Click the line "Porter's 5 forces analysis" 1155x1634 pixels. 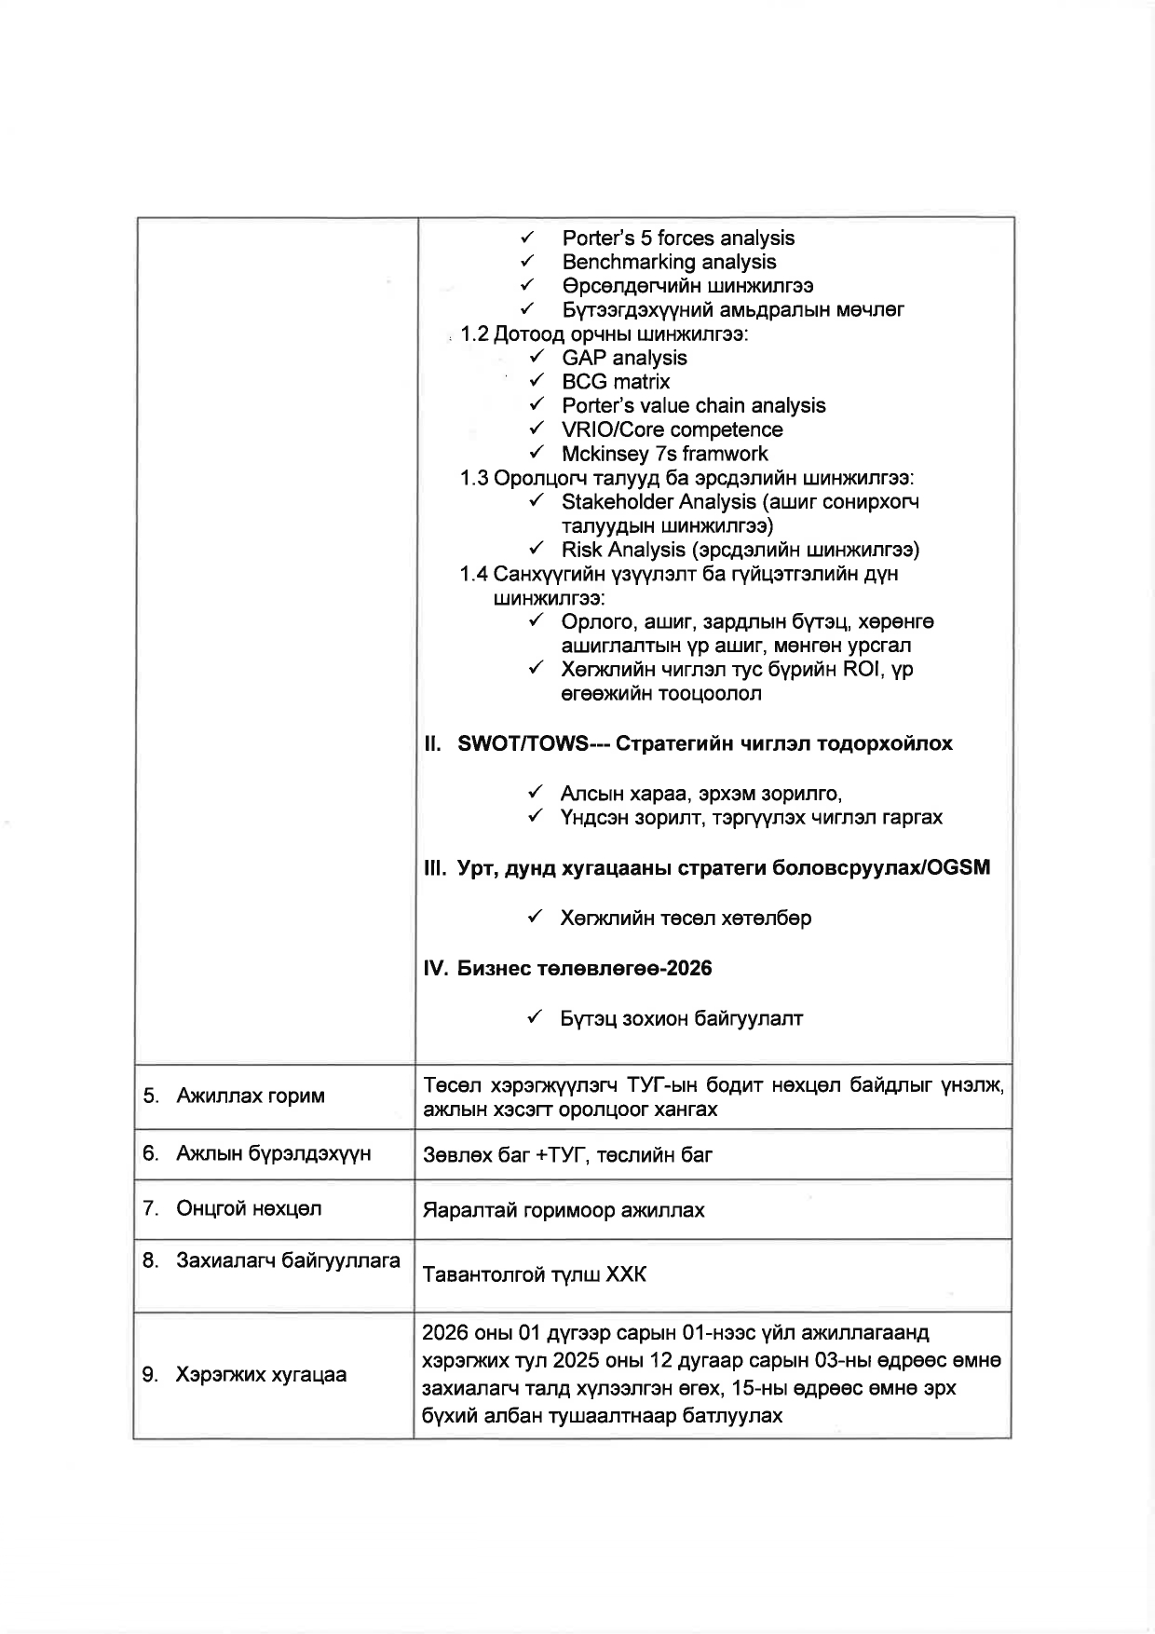678,238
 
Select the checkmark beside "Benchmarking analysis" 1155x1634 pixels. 527,262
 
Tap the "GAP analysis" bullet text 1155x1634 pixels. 624,358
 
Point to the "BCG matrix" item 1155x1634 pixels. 616,382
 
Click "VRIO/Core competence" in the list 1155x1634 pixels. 672,429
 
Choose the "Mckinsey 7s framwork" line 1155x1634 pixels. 664,454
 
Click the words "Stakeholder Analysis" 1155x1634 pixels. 659,502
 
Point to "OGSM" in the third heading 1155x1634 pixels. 958,868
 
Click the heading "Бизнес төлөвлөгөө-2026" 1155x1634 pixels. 584,969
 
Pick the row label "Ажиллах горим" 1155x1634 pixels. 251,1096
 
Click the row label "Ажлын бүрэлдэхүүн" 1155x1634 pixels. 273,1154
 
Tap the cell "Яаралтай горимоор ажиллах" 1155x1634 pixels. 564,1210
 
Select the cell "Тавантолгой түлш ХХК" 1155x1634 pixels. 535,1274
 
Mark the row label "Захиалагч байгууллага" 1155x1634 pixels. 288,1261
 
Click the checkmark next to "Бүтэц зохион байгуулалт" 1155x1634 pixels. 536,1018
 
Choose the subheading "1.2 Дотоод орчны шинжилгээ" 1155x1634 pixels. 604,334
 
